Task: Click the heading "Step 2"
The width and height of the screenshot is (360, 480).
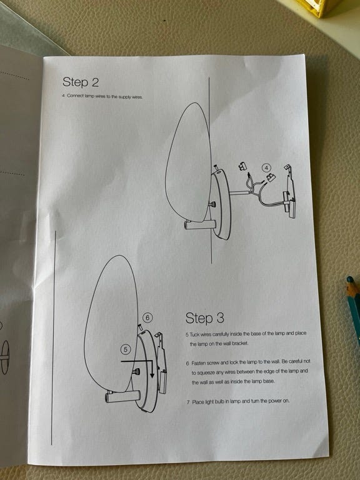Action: (81, 82)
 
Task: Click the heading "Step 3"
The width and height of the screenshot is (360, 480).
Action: (204, 318)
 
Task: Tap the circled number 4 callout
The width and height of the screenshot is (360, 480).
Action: (267, 167)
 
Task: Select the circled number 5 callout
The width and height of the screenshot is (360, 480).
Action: (126, 349)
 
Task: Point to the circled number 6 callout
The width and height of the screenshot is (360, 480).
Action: (147, 317)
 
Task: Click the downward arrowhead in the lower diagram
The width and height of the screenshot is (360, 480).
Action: (152, 375)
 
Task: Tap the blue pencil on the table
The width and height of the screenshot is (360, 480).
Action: (354, 309)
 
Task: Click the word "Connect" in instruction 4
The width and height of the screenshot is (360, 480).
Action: (75, 96)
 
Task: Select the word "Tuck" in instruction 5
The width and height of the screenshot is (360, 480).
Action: (195, 334)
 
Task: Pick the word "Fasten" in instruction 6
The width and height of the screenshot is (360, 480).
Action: (199, 363)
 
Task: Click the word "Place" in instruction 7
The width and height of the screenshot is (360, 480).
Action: (197, 402)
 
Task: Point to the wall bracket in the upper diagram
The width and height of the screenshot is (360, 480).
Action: (290, 193)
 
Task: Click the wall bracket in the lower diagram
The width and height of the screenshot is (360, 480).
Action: (161, 362)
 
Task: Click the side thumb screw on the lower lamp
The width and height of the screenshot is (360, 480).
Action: (136, 372)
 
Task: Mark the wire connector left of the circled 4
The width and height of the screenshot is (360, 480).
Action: (242, 166)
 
